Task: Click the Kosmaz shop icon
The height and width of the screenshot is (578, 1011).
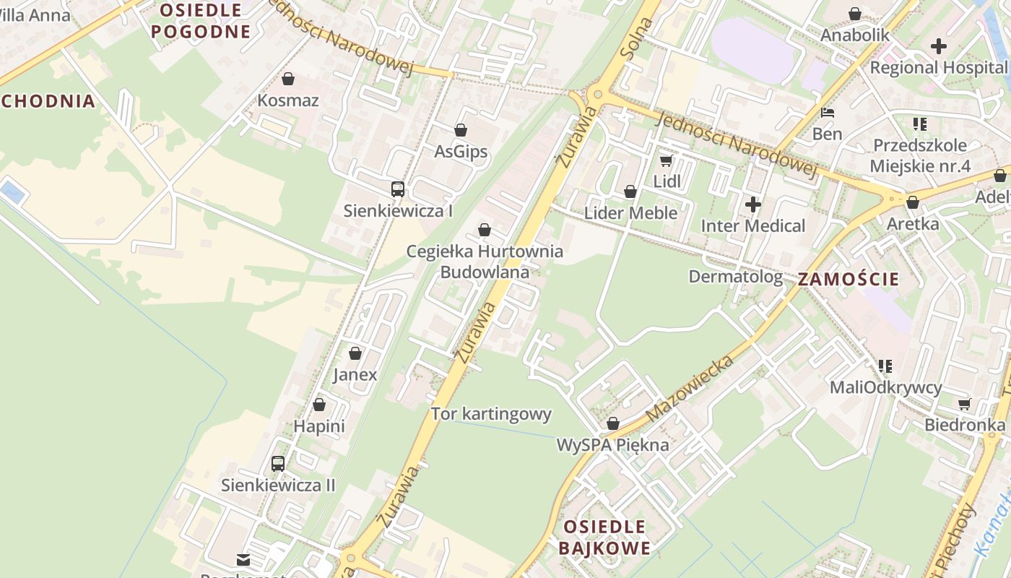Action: point(288,79)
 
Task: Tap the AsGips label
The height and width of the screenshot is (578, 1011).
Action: point(461,152)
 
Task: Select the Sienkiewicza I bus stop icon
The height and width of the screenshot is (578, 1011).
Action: point(397,189)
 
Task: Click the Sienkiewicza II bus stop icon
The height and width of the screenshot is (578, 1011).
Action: point(278,464)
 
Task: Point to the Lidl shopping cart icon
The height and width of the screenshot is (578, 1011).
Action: point(666,160)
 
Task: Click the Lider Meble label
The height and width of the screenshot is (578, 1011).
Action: point(630,212)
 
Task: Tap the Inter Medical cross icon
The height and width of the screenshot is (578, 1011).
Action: point(753,204)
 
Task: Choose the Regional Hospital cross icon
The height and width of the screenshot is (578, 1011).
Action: point(938,47)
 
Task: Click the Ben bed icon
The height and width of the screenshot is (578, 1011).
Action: point(828,113)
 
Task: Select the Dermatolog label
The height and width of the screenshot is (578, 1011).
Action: point(735,277)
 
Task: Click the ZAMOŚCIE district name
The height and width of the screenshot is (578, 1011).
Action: point(849,280)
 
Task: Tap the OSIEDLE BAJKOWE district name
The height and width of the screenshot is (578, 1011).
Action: point(604,537)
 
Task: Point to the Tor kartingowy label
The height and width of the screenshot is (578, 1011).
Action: point(491,414)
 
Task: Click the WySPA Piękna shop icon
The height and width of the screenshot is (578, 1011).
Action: point(613,423)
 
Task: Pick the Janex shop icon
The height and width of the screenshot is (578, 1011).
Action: point(355,353)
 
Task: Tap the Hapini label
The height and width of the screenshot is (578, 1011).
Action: point(319,426)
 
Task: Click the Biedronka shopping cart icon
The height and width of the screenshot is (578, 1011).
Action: point(964,404)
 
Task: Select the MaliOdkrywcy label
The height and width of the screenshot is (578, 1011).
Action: point(885,387)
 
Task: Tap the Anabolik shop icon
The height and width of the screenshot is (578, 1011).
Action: point(855,14)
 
